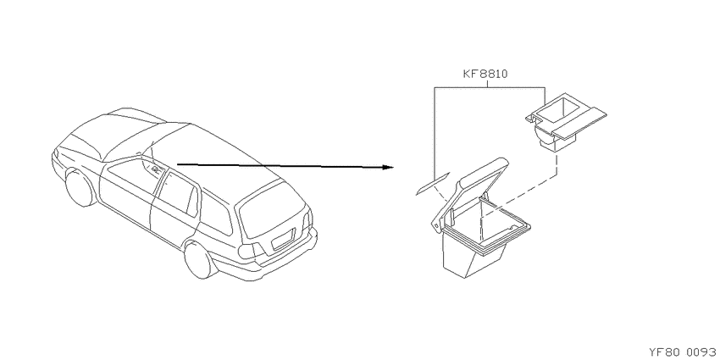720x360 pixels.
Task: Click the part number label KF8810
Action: click(485, 74)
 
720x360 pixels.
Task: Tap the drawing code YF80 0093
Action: click(684, 352)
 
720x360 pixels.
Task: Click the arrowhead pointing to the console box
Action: click(388, 168)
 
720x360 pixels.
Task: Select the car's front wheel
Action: click(80, 187)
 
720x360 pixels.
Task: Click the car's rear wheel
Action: click(199, 259)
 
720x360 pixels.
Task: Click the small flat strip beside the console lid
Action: click(433, 184)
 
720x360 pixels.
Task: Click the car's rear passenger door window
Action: click(177, 191)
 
